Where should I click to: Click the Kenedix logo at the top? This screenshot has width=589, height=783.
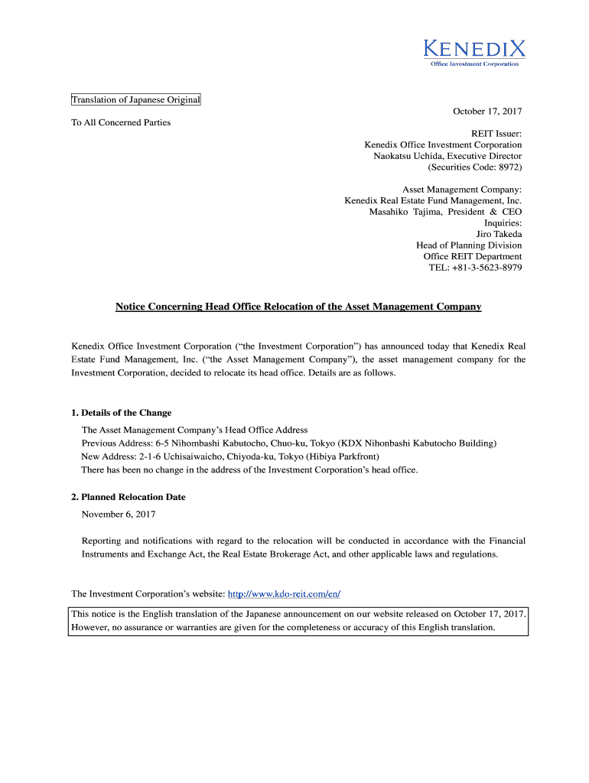[474, 52]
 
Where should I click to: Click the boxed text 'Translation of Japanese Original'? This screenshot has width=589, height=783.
[135, 100]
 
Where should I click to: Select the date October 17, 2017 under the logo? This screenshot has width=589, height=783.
[486, 112]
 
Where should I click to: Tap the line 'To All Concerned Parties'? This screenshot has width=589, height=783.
[121, 122]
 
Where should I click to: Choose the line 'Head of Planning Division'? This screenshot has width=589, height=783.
[469, 245]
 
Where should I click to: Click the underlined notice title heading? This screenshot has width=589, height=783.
[298, 307]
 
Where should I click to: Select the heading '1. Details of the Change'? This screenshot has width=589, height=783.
[121, 413]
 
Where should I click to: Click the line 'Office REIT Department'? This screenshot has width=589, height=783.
[473, 257]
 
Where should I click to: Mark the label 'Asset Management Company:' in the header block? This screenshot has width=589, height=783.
[462, 190]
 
